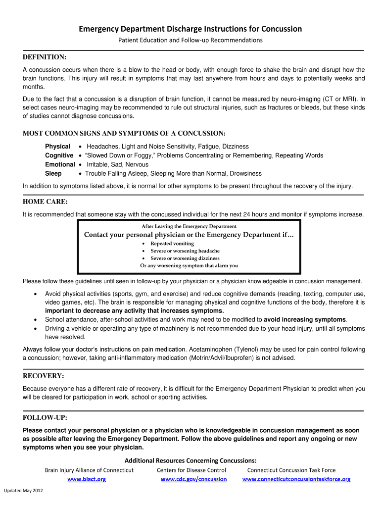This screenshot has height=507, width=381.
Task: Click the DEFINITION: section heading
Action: point(45,57)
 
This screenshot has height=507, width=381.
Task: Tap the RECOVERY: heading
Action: point(44,376)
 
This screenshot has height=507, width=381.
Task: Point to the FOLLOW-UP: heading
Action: point(45,418)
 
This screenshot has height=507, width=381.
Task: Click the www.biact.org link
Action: point(87,479)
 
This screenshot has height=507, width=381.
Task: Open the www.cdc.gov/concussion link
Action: point(193,479)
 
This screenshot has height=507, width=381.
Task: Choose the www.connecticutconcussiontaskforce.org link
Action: point(296,479)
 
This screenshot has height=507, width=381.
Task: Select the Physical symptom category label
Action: point(57,147)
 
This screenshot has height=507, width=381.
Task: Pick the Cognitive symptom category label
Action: point(59,155)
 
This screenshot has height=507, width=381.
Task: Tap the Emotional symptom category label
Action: point(60,164)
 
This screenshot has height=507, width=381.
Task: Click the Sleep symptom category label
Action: point(53,173)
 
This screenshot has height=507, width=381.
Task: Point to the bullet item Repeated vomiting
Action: point(172,244)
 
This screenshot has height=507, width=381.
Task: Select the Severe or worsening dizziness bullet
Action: point(185,258)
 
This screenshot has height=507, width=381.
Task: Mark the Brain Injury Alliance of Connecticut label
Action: point(89,470)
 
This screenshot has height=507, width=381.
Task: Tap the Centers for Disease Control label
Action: point(191,470)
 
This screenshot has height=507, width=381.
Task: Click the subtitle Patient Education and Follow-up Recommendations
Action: point(190,40)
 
